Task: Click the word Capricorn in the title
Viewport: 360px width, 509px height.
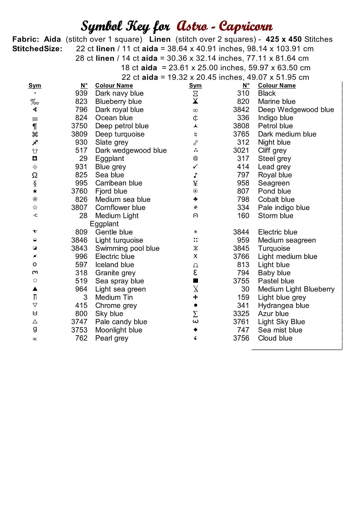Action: tap(246, 26)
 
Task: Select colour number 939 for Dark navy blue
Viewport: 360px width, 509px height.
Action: tap(81, 93)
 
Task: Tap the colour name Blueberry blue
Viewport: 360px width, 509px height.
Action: tap(119, 101)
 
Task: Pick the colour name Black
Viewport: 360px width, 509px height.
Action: tap(267, 93)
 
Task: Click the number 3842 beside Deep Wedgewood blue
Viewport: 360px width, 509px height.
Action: tap(241, 110)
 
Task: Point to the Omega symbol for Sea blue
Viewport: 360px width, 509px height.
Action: tap(35, 175)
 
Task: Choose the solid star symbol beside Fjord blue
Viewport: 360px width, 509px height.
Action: tap(35, 191)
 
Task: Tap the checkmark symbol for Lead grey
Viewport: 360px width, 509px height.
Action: tap(195, 167)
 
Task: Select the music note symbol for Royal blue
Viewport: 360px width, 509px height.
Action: tap(195, 175)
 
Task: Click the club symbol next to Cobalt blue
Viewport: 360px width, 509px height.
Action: tap(195, 199)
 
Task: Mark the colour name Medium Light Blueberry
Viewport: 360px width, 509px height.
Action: tap(296, 289)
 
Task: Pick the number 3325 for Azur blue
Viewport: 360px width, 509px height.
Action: tap(241, 314)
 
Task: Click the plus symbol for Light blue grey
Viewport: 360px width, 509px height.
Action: tap(195, 297)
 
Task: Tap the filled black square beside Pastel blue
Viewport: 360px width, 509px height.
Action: tap(195, 281)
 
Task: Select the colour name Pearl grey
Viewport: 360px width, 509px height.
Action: tap(112, 338)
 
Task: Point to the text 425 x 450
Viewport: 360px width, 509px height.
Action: tap(284, 39)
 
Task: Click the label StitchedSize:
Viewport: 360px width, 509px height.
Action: tap(37, 49)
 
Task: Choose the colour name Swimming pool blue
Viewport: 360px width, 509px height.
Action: tap(127, 248)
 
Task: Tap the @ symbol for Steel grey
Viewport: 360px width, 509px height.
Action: tap(195, 158)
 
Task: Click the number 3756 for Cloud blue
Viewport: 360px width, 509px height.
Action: tap(241, 338)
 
